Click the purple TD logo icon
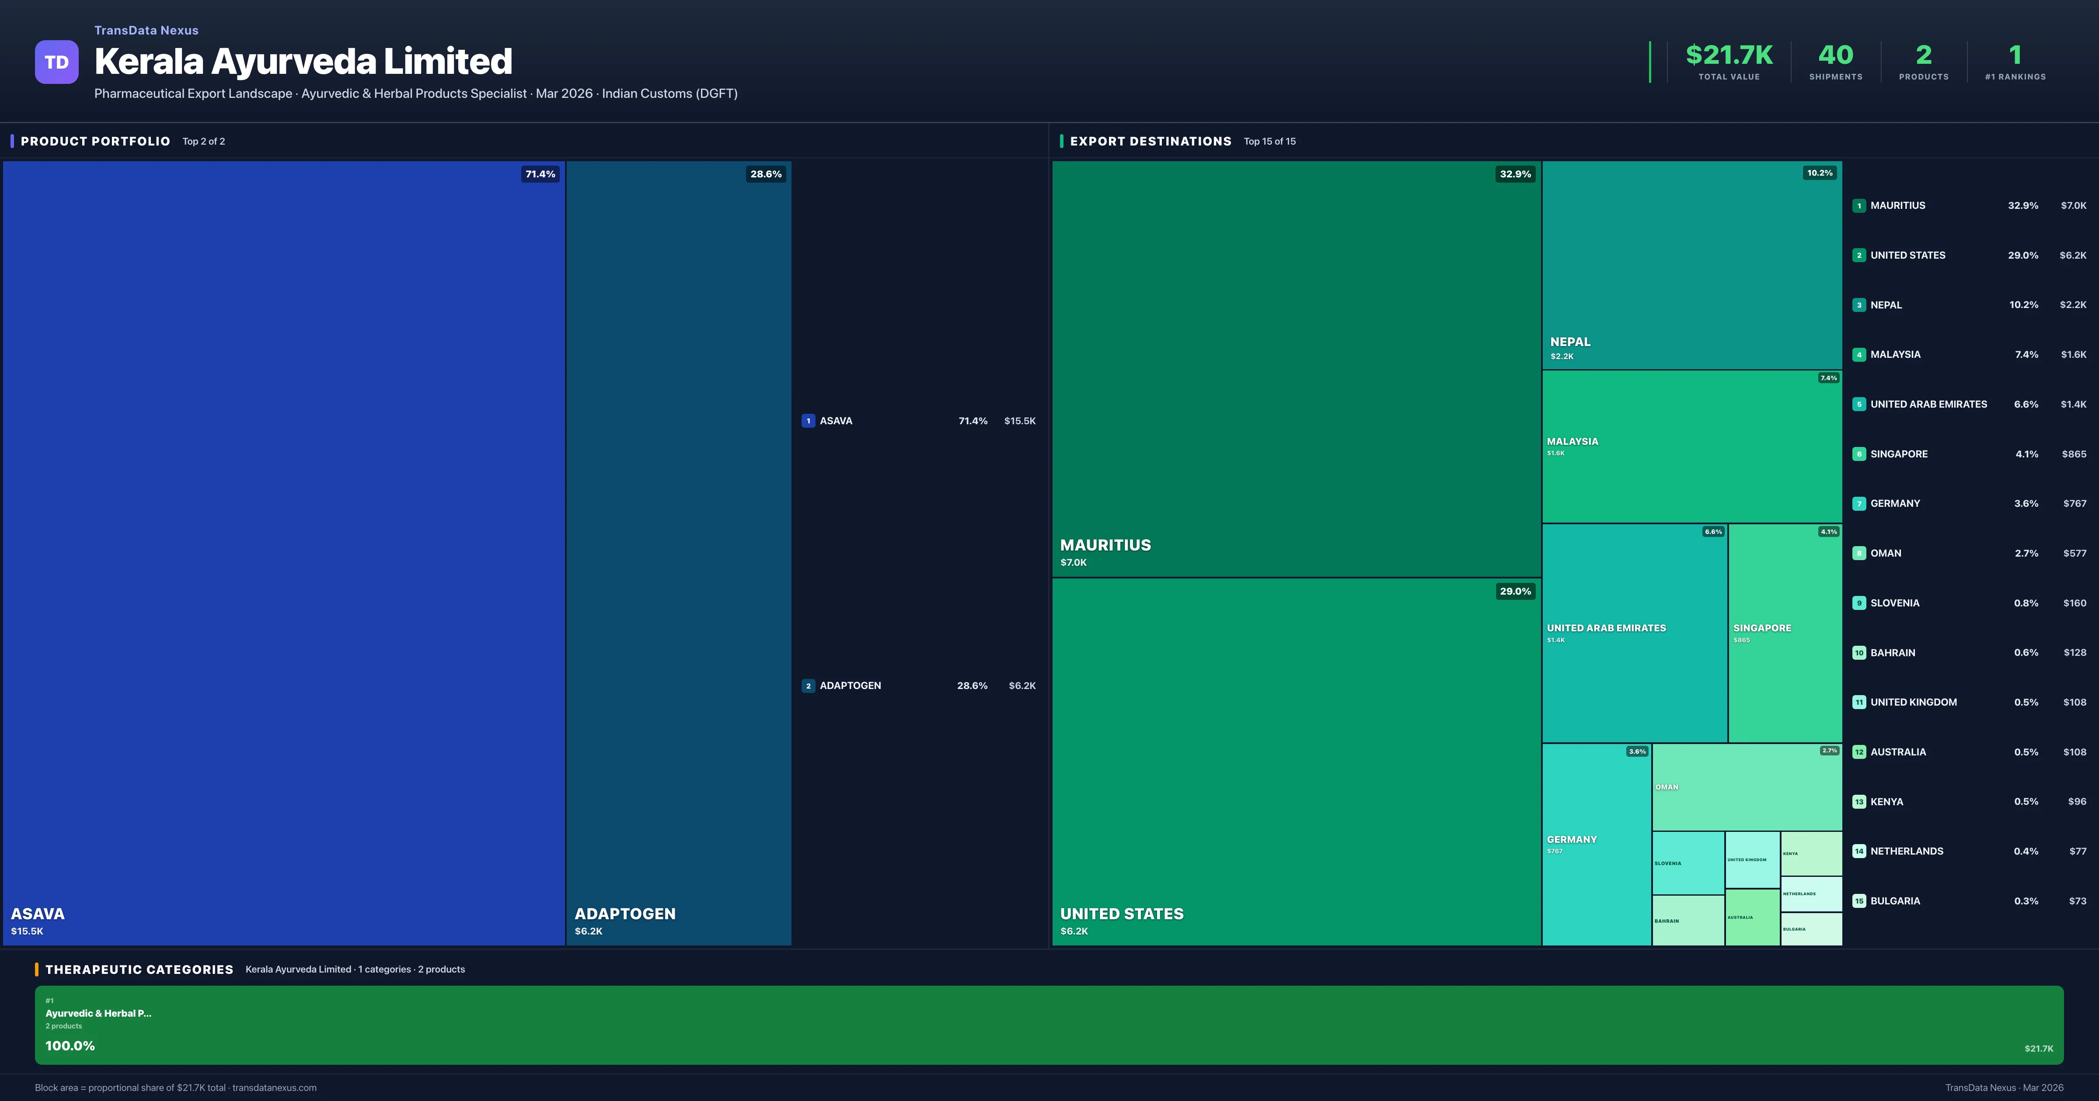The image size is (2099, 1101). click(x=56, y=62)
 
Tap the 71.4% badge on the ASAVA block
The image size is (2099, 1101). click(x=540, y=174)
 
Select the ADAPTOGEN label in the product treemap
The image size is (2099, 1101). click(x=625, y=914)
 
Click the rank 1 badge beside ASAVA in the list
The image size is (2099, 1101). click(x=808, y=421)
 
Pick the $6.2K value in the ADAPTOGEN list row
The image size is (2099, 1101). click(x=1022, y=686)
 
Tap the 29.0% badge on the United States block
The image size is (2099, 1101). click(x=1515, y=591)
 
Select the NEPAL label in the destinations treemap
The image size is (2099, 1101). click(x=1570, y=342)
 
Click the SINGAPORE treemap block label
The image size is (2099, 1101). click(x=1762, y=628)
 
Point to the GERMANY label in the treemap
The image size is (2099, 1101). click(x=1572, y=840)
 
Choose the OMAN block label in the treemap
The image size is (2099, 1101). click(x=1667, y=787)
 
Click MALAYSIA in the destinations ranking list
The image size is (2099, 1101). click(x=1895, y=354)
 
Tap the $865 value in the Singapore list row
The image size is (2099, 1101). click(x=2074, y=454)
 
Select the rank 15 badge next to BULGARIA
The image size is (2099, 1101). click(x=1858, y=900)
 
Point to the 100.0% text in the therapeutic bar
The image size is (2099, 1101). click(x=70, y=1046)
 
